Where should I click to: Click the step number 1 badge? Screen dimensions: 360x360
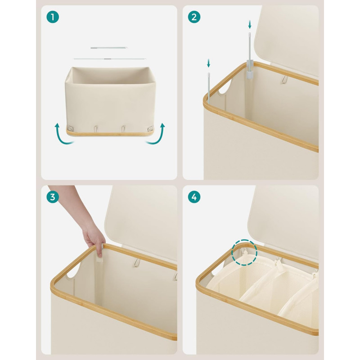tap(53, 17)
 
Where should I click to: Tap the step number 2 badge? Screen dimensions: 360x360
tap(194, 17)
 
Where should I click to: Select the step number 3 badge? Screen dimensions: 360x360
tap(53, 197)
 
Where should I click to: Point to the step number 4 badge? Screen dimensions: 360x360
tap(194, 197)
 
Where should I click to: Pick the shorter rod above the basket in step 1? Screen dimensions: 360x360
tap(109, 48)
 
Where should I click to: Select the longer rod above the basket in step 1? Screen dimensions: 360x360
tap(109, 59)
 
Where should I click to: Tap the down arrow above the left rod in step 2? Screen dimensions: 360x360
tap(208, 63)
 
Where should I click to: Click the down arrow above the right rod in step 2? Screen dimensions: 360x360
tap(250, 24)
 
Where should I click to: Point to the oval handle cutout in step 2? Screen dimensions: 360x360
tap(225, 87)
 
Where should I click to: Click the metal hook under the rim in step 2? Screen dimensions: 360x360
tap(285, 80)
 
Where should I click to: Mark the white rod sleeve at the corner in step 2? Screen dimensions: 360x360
tap(250, 69)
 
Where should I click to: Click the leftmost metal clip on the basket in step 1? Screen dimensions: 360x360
tap(70, 129)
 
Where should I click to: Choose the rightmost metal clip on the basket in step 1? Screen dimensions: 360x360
tap(151, 129)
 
